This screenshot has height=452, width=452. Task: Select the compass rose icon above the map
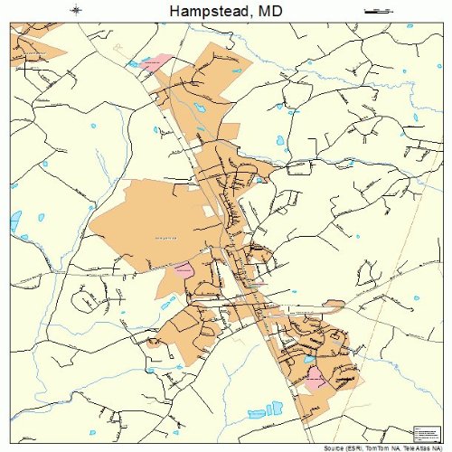click(x=76, y=10)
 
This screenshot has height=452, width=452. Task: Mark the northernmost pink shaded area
click(x=155, y=61)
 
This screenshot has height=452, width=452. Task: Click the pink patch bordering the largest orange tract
click(x=184, y=268)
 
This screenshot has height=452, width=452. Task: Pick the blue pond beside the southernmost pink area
click(x=310, y=360)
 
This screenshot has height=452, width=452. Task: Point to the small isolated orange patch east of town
click(x=334, y=304)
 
